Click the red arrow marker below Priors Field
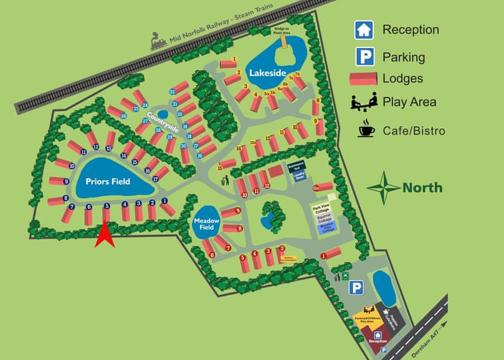click(x=106, y=235)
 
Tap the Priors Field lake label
click(x=107, y=181)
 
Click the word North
click(x=422, y=188)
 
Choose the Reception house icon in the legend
click(x=364, y=29)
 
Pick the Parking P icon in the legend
click(x=364, y=57)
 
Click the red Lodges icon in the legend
click(x=364, y=78)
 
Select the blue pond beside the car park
click(x=384, y=287)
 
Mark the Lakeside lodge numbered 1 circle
click(x=234, y=59)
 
